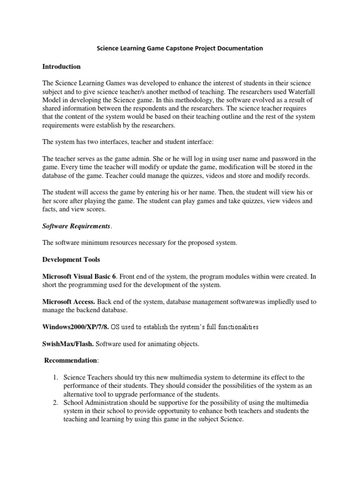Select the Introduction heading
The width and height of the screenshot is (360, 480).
tap(61, 67)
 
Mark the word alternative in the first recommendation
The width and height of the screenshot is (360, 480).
tap(80, 395)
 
